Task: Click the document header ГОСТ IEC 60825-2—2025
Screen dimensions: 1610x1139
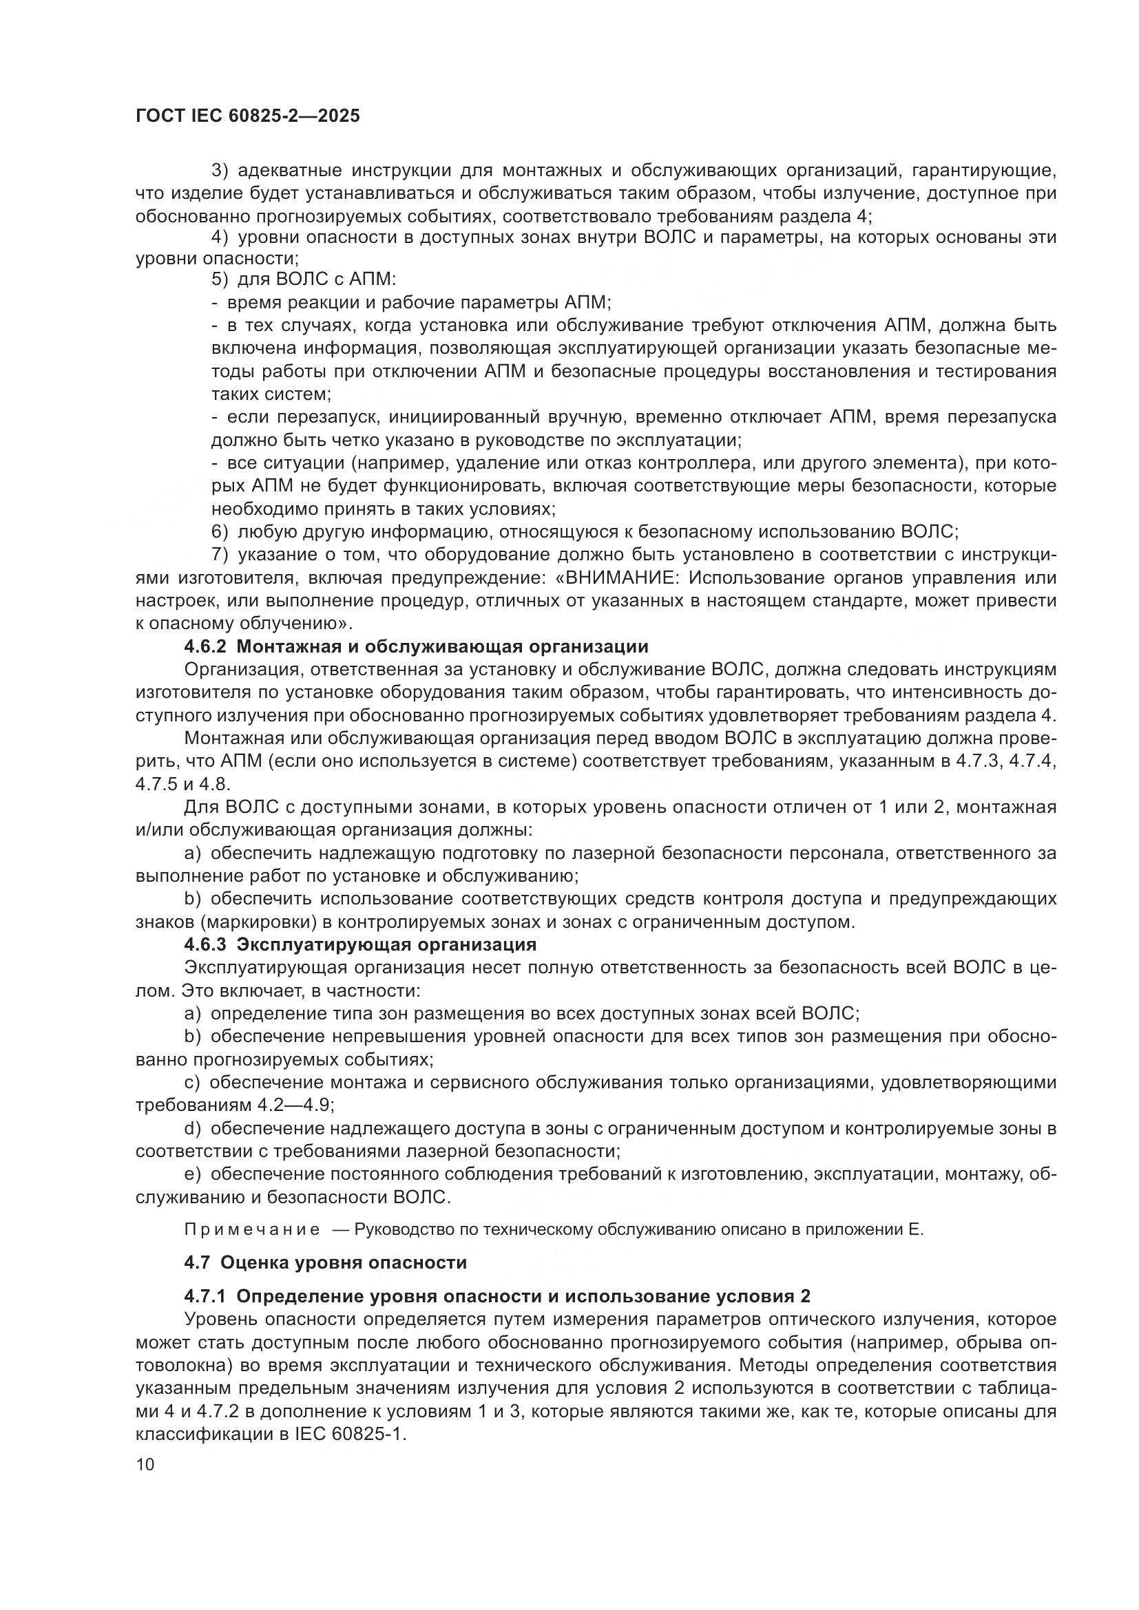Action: click(248, 116)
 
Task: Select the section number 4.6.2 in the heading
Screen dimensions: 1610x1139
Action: click(205, 646)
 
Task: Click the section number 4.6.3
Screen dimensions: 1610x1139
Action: click(205, 944)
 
